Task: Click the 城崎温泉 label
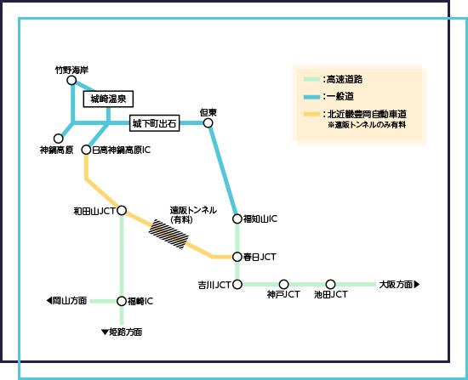(x=109, y=99)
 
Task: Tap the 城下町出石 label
(x=154, y=123)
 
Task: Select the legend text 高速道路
(x=344, y=79)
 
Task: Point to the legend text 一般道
(x=338, y=96)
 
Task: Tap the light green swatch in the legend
(x=311, y=79)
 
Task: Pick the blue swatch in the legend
(x=311, y=96)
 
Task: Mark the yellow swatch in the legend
(x=311, y=114)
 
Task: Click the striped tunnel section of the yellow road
(x=168, y=233)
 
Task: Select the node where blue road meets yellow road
(x=86, y=150)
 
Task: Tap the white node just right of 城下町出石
(x=208, y=122)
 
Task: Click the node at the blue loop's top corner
(x=71, y=80)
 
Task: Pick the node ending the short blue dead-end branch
(x=58, y=138)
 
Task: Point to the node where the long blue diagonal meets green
(x=237, y=218)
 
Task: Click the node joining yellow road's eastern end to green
(x=237, y=256)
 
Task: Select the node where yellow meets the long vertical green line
(x=122, y=210)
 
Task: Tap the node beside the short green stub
(x=122, y=301)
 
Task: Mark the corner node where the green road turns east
(x=237, y=284)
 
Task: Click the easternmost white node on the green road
(x=330, y=284)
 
